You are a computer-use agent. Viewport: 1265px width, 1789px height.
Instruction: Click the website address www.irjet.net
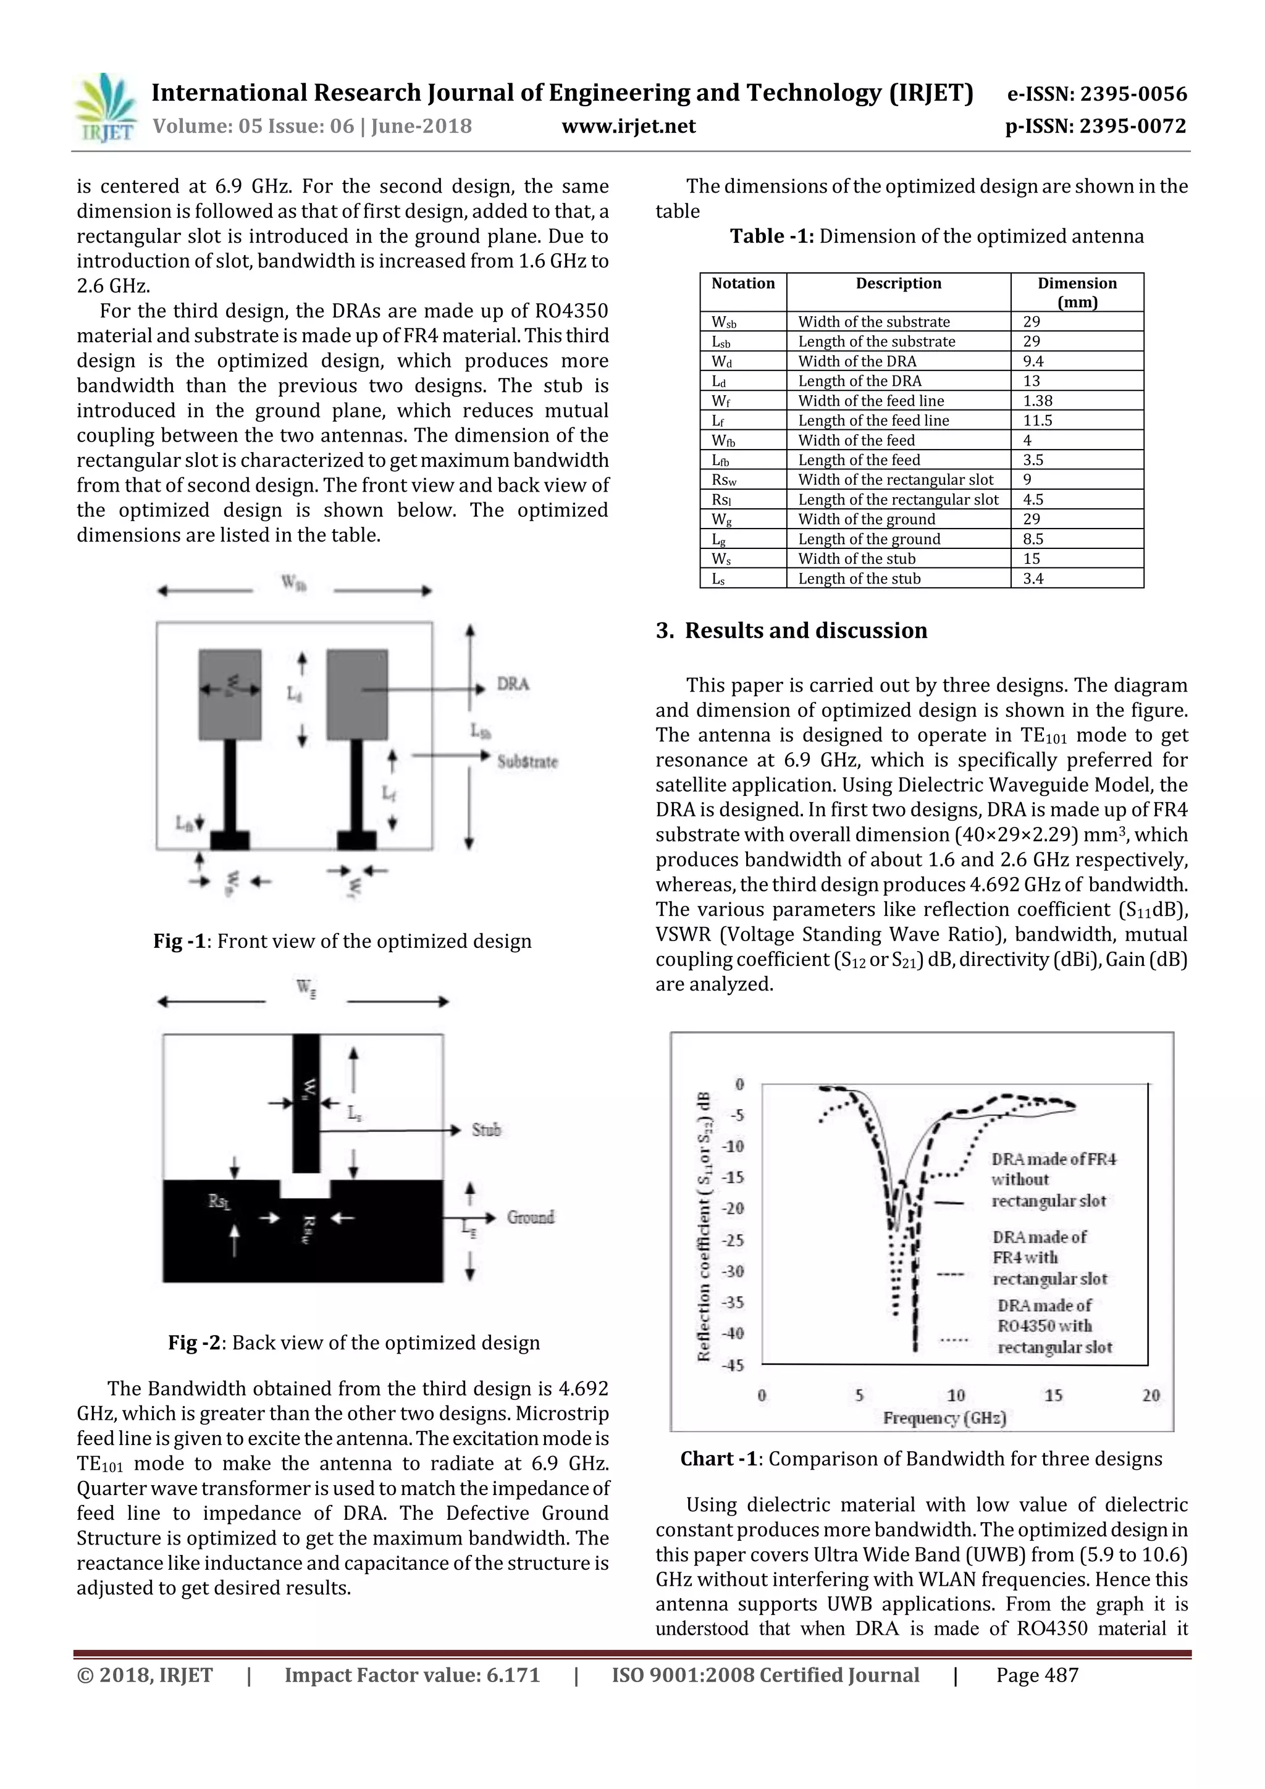628,126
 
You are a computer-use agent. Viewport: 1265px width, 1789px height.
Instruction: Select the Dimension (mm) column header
1077,292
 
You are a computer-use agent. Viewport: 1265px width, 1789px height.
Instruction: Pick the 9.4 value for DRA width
1033,361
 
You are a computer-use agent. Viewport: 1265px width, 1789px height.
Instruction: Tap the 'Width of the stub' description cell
857,559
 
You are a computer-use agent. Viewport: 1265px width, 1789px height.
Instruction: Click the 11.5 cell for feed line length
1038,421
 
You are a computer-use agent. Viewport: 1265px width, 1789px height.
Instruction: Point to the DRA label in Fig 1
513,684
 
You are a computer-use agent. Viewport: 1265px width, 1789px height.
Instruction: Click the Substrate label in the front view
527,761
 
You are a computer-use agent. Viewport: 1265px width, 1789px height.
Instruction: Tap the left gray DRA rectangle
230,694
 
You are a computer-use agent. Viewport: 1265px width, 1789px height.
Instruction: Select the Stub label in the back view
485,1130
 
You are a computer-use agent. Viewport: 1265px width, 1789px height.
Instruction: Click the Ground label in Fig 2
530,1217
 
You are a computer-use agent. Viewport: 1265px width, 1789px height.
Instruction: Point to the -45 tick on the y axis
733,1365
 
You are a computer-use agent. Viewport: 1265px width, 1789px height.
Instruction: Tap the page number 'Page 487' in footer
1036,1675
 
